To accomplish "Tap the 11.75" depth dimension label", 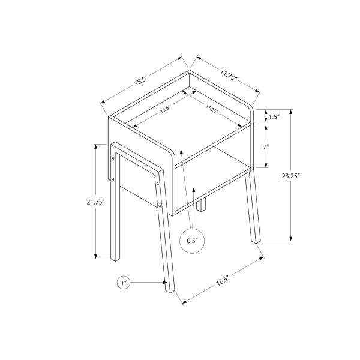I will coord(229,76).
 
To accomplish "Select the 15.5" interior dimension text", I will coord(166,110).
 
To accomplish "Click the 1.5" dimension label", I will coord(275,118).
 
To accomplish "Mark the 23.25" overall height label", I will coord(307,176).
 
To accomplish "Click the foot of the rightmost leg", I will coord(257,240).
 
